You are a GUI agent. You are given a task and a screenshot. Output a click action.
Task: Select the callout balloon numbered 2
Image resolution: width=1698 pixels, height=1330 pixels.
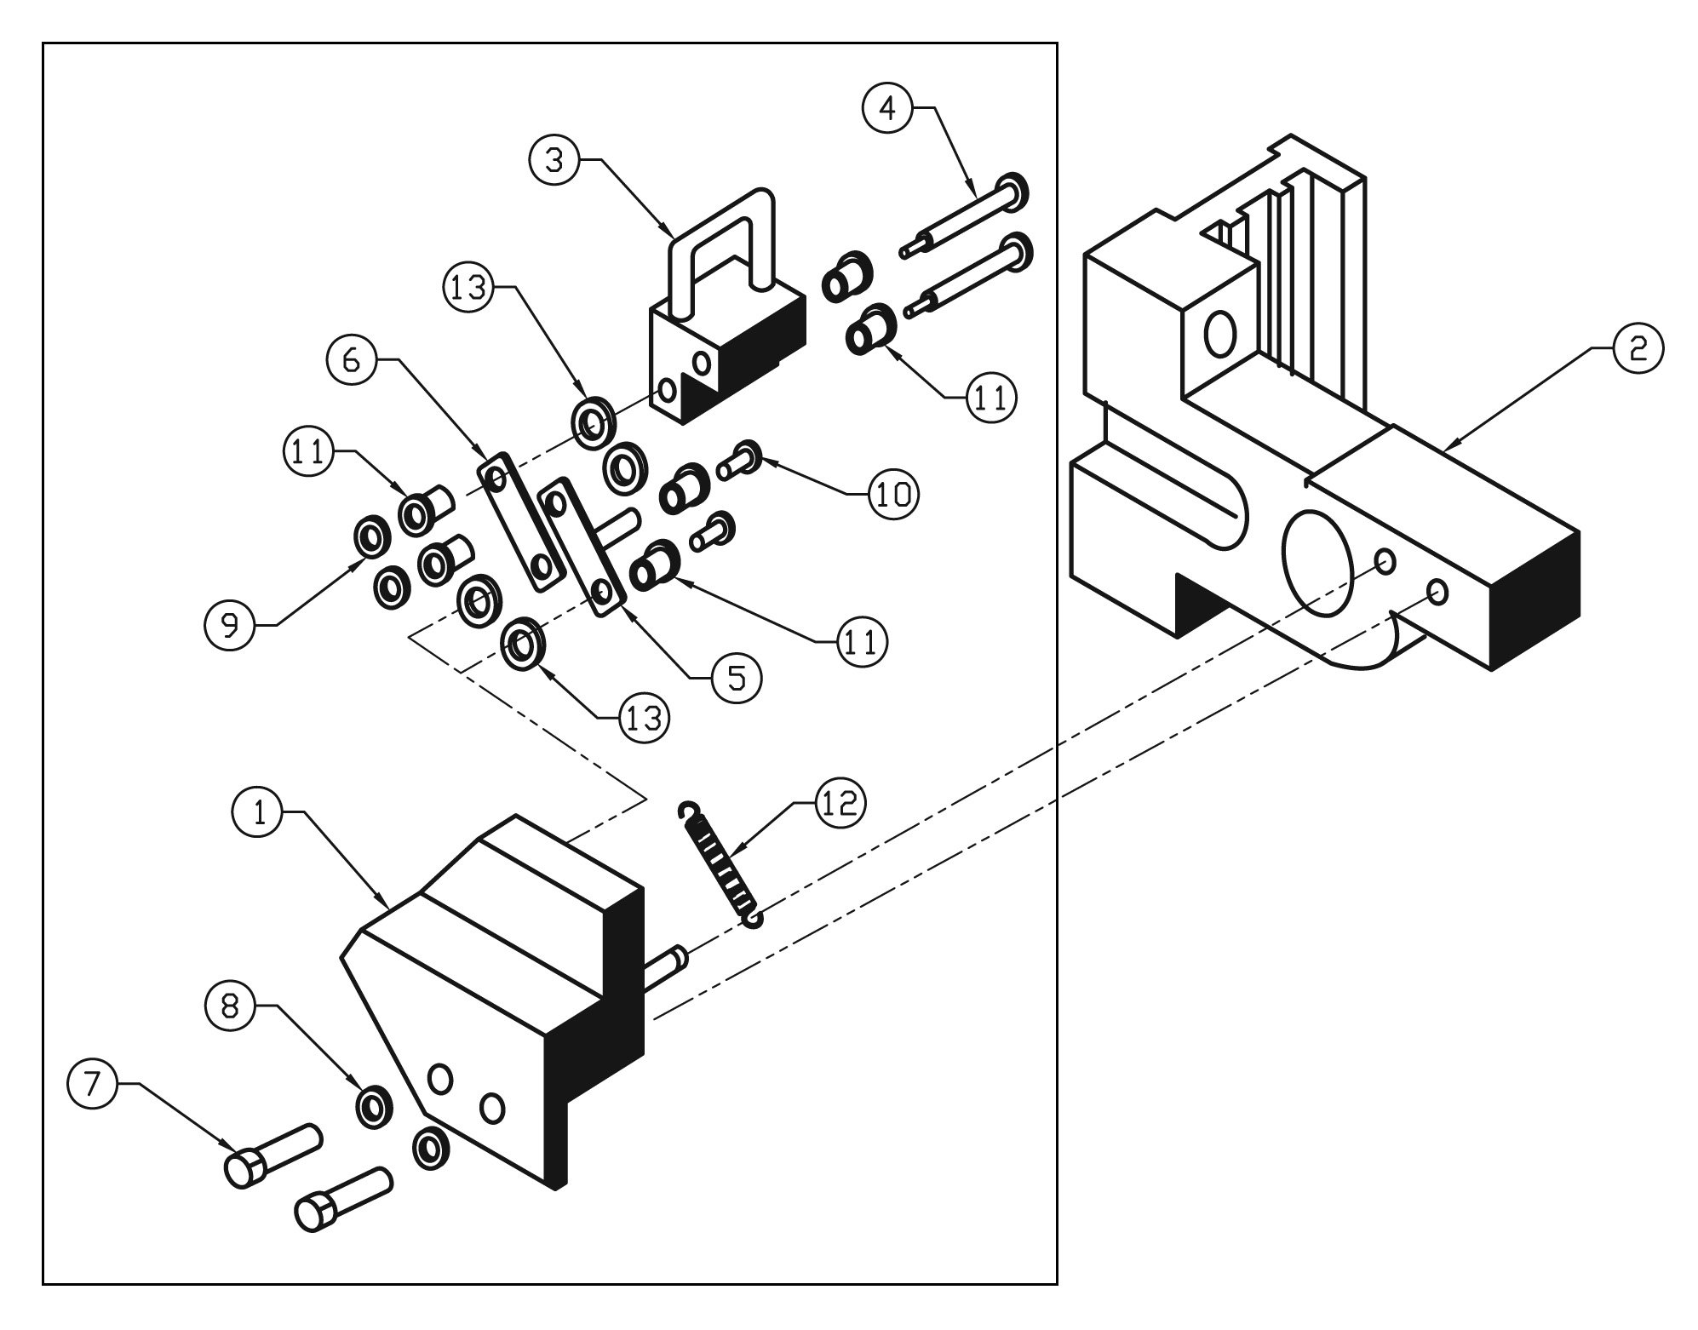tap(1636, 348)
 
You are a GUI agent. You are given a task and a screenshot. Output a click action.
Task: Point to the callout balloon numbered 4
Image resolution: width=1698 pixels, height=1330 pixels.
tap(888, 109)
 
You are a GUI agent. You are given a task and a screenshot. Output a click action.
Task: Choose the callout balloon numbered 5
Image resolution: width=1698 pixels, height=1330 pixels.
tap(737, 677)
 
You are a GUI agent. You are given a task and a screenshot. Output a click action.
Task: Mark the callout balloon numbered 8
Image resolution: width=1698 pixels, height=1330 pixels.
tap(230, 1006)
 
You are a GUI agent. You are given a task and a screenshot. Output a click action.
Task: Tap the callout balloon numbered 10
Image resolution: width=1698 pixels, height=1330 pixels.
tap(892, 493)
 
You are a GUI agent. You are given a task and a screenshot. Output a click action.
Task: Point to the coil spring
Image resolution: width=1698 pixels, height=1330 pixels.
tap(720, 863)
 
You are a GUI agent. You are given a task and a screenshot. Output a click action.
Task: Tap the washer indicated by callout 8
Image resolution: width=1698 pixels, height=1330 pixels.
tap(374, 1107)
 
